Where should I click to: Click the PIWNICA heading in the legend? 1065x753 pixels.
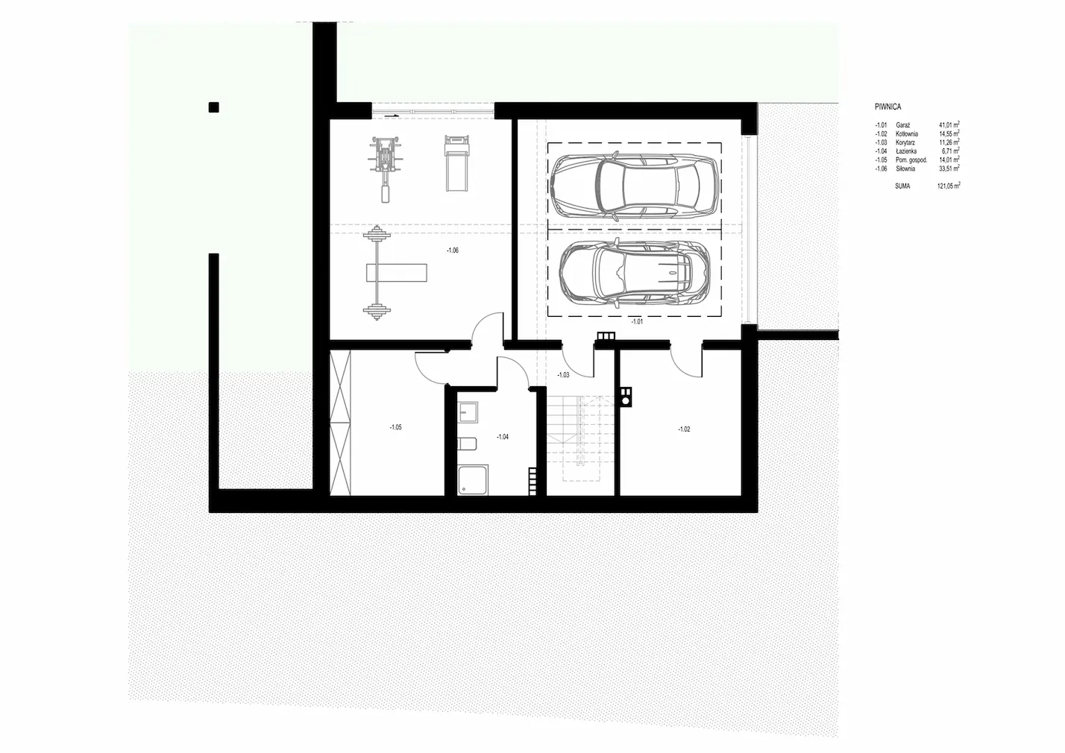point(887,107)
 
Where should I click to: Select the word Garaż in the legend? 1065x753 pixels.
point(902,125)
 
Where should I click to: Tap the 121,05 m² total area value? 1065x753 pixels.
point(948,186)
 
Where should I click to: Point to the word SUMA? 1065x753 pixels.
point(902,186)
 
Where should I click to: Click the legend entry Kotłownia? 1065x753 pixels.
point(906,134)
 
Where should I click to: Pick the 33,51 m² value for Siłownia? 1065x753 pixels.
point(949,168)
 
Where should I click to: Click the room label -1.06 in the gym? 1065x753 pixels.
point(453,250)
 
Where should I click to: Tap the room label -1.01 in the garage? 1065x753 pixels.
point(637,321)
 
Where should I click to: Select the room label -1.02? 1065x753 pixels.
point(684,429)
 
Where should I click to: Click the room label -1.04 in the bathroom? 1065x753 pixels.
point(503,436)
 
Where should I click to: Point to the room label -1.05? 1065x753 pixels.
point(395,427)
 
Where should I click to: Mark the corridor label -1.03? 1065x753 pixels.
point(563,374)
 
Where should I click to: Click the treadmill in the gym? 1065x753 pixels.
point(456,163)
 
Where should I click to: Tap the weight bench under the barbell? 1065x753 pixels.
point(396,273)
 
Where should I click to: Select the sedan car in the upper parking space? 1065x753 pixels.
point(634,186)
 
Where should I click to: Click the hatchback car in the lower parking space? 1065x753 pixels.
point(635,273)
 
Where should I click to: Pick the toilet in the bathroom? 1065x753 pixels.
point(467,444)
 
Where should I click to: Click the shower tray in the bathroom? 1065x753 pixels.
point(473,481)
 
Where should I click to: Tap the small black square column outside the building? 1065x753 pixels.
point(214,107)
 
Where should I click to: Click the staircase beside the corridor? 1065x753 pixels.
point(580,438)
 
